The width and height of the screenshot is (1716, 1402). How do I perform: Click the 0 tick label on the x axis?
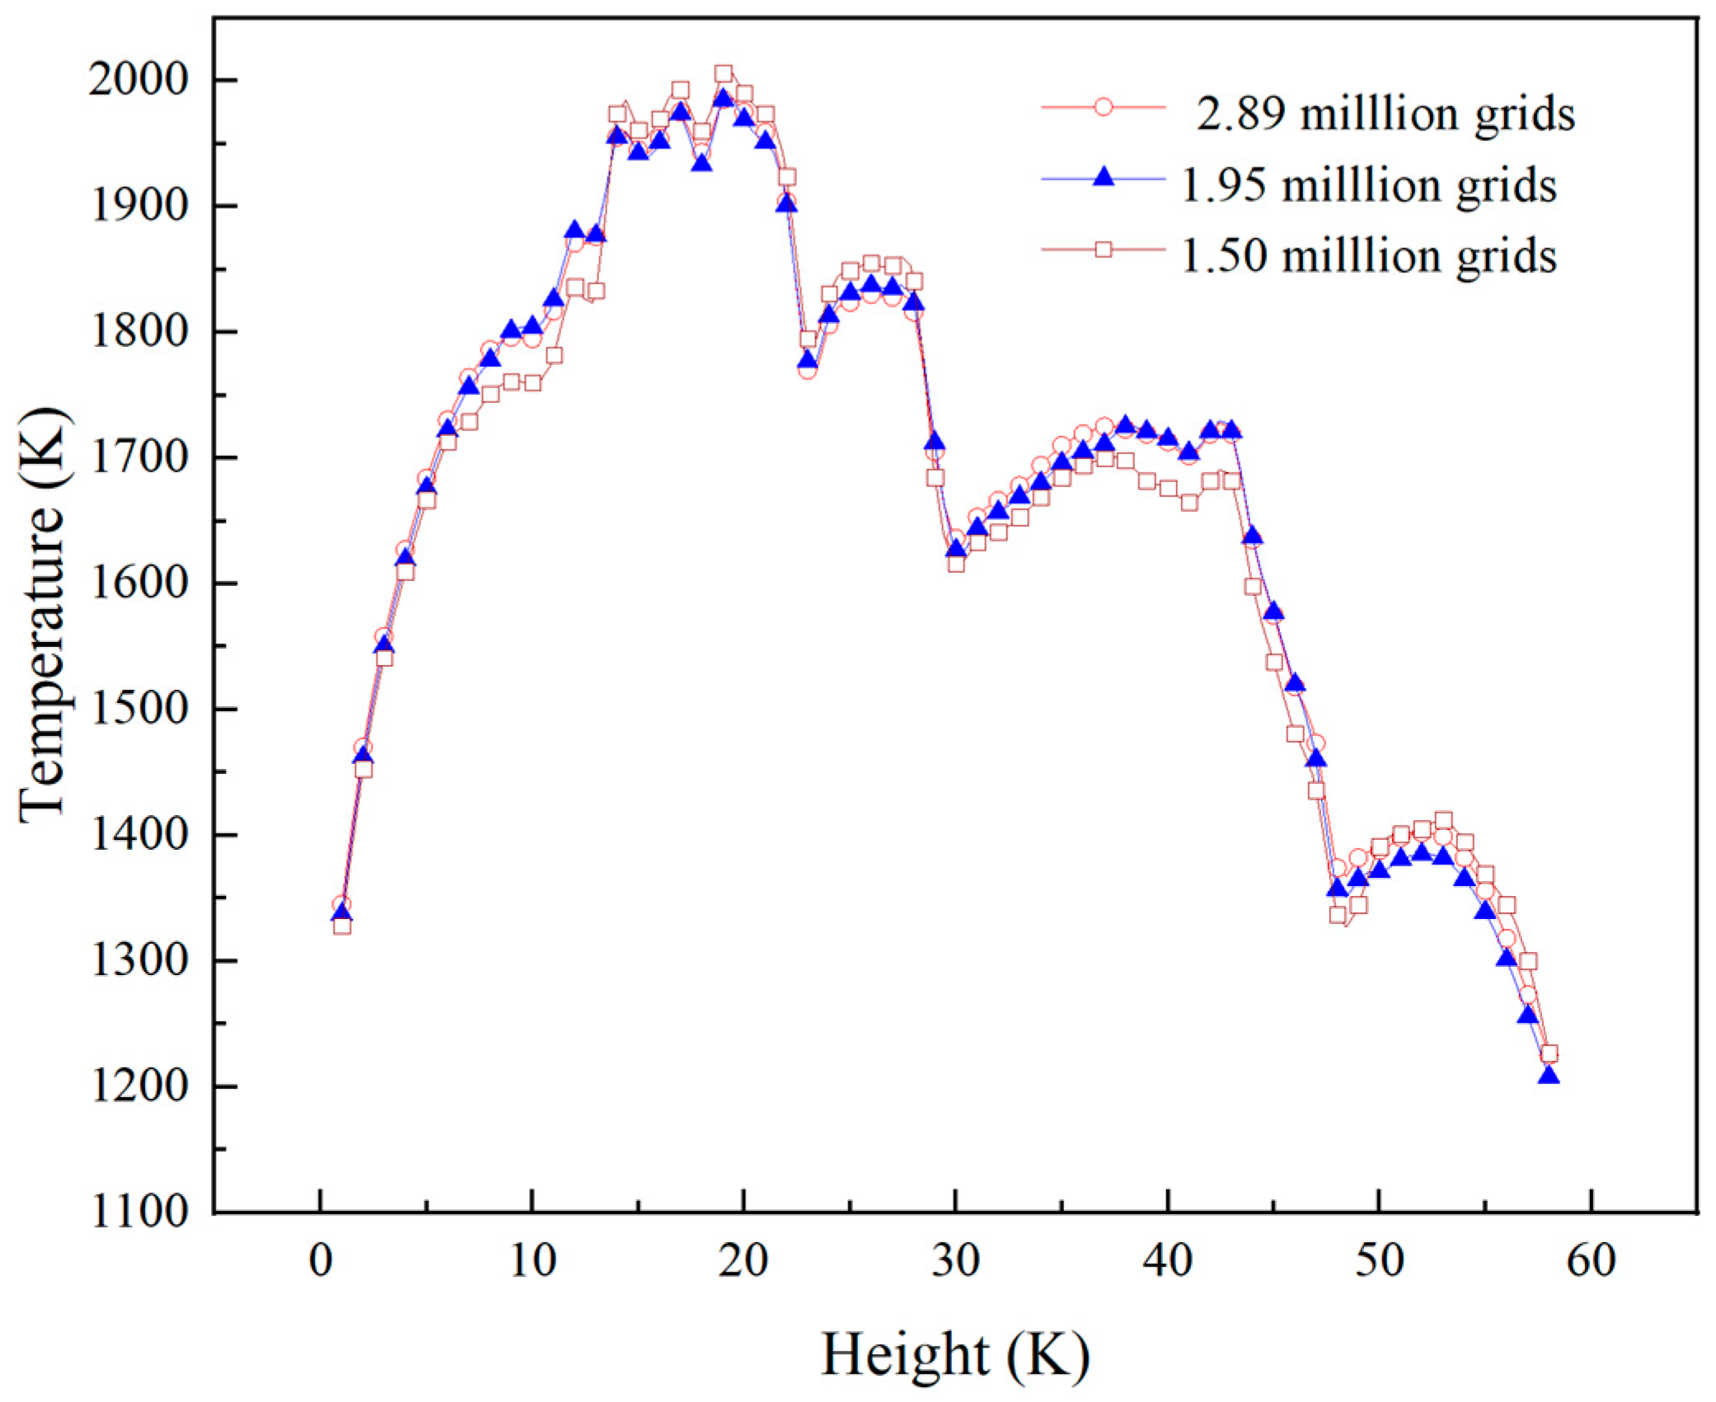point(320,1260)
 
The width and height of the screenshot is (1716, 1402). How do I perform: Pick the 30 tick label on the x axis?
point(955,1260)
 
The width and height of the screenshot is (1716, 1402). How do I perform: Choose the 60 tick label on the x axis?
point(1591,1260)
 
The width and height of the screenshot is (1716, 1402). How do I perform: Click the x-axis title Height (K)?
point(955,1354)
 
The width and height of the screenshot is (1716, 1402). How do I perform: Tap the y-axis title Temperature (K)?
point(43,614)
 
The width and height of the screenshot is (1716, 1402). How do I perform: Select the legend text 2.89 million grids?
point(1385,113)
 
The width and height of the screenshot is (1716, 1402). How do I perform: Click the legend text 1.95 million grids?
point(1368,185)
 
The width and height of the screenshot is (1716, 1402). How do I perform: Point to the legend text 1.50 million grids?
point(1368,256)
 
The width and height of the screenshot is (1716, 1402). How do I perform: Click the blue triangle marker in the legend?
point(1103,177)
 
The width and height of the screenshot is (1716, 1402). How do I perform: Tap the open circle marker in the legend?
point(1103,106)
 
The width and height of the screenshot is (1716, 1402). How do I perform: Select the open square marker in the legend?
point(1103,249)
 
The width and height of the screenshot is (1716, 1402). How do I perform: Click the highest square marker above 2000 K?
point(723,74)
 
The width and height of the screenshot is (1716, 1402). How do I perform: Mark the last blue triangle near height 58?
point(1549,1076)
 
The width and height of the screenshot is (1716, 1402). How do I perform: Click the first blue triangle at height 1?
point(342,912)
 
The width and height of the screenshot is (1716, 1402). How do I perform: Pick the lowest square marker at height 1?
point(342,926)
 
